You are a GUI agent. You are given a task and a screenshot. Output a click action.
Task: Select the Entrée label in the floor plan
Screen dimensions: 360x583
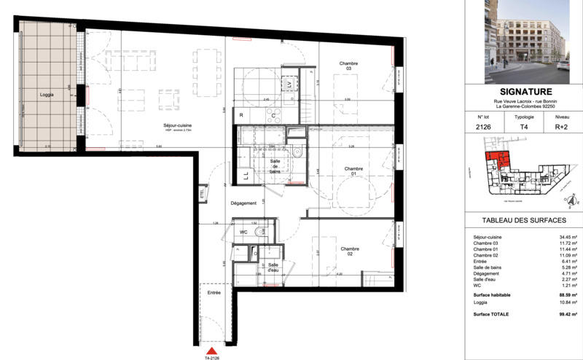[214, 292]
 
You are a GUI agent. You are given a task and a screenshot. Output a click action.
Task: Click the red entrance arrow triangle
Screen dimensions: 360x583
[211, 351]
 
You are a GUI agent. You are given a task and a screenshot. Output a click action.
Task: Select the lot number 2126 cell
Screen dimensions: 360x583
[482, 127]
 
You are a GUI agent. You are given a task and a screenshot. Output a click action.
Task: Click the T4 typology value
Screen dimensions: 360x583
[523, 127]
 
